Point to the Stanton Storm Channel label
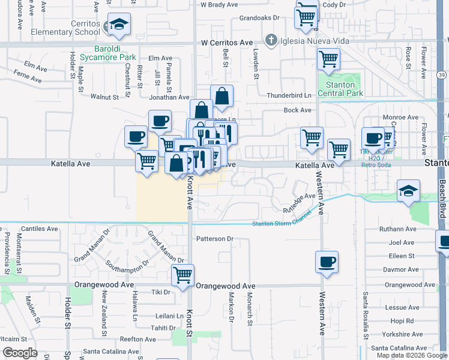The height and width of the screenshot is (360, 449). [x=281, y=223]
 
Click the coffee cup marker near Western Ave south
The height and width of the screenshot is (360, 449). [x=327, y=262]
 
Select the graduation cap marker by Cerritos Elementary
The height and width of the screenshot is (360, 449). [x=119, y=24]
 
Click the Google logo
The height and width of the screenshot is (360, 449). [x=20, y=353]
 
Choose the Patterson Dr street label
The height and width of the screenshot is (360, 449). [x=214, y=239]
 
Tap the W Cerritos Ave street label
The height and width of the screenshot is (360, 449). [x=227, y=43]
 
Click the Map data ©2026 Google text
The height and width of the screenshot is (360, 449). [x=411, y=355]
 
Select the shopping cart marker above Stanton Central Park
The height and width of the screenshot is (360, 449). [x=328, y=59]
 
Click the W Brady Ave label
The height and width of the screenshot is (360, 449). [x=220, y=4]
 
